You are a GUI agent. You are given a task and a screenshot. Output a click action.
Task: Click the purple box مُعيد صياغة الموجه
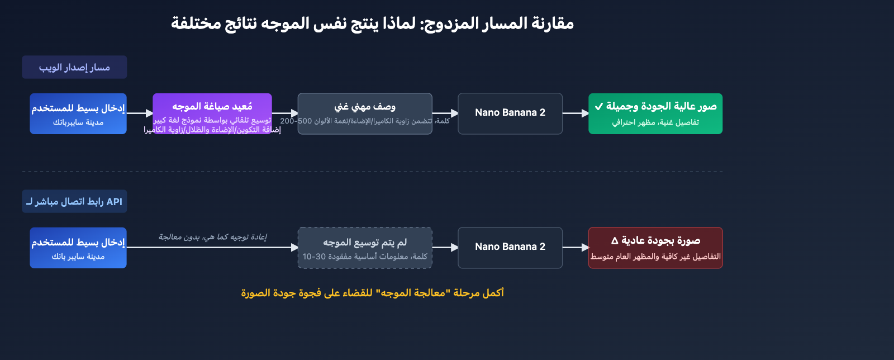[212, 106]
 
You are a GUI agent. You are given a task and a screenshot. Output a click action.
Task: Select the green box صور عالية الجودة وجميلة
[655, 113]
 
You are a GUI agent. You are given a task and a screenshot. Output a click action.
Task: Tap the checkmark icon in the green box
[599, 106]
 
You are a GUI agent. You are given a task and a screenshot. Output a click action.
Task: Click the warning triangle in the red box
[615, 241]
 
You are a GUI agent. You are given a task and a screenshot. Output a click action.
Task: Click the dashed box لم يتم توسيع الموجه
[365, 248]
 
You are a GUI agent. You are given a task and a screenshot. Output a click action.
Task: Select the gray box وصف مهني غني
[365, 107]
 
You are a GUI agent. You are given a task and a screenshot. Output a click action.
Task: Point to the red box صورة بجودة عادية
[655, 248]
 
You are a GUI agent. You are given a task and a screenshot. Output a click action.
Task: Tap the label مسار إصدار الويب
[74, 67]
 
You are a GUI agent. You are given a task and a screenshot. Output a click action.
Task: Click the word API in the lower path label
[114, 202]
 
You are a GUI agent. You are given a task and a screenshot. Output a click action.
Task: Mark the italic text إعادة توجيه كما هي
[212, 237]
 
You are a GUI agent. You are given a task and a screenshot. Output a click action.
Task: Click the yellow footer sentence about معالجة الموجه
[372, 293]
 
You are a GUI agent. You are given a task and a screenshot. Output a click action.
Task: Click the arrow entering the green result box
[576, 113]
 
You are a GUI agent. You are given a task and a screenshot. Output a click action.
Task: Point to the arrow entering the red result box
[576, 248]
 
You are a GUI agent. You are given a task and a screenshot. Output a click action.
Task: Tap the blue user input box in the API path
[78, 248]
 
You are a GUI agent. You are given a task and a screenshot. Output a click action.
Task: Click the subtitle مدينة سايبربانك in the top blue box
[78, 122]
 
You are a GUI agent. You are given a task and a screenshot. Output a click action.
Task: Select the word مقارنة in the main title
[553, 23]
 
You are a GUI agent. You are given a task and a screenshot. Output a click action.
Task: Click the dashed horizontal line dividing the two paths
[372, 172]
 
